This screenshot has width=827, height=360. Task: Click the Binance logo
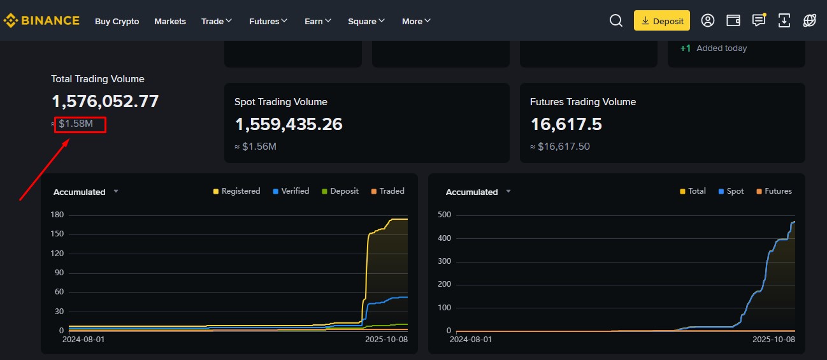point(41,20)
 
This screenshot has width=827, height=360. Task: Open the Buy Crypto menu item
point(117,22)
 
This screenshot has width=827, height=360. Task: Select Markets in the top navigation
point(170,22)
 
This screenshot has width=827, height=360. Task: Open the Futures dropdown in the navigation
point(268,22)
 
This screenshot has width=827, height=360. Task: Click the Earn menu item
point(317,22)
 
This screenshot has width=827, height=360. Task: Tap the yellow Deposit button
point(662,20)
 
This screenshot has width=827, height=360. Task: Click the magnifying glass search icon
point(616,20)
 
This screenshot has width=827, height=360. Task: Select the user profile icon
point(707,20)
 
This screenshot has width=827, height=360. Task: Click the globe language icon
point(809,20)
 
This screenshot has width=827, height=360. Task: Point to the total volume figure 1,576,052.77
point(105,101)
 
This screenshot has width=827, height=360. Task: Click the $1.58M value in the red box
point(76,124)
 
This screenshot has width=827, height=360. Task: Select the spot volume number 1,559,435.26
point(289,124)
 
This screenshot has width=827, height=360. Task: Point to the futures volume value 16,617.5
point(566,124)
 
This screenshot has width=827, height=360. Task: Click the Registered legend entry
point(236,191)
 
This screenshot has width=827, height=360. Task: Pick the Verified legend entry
point(291,191)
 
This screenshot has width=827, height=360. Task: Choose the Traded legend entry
point(387,191)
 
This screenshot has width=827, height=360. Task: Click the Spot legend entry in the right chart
point(731,191)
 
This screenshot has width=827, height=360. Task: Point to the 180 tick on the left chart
point(57,215)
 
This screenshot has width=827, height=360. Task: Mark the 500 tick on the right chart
point(445,215)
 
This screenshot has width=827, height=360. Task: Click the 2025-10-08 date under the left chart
point(387,340)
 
